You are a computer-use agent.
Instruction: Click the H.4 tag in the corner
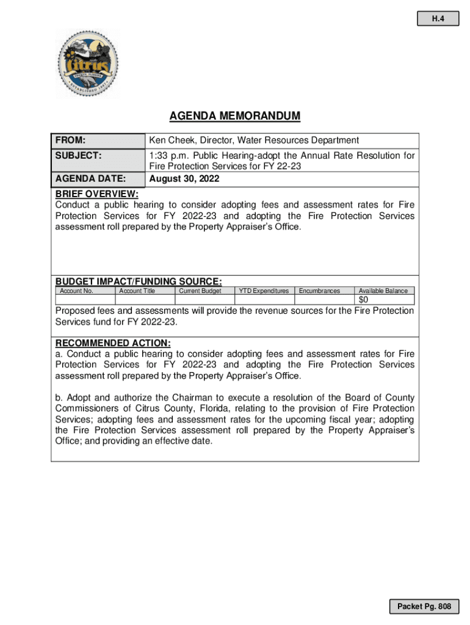pyautogui.click(x=437, y=19)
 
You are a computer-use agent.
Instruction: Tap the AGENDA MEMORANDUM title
pyautogui.click(x=235, y=116)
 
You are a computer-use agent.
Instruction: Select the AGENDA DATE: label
pyautogui.click(x=90, y=179)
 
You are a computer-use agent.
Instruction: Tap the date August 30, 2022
pyautogui.click(x=184, y=179)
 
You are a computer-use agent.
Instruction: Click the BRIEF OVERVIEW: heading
pyautogui.click(x=97, y=194)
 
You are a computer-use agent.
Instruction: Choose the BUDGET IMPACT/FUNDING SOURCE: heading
pyautogui.click(x=139, y=281)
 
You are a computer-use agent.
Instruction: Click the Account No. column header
pyautogui.click(x=76, y=291)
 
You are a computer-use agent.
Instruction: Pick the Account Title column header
pyautogui.click(x=137, y=291)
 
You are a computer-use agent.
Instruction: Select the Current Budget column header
pyautogui.click(x=200, y=291)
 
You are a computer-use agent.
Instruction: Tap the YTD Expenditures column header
pyautogui.click(x=264, y=291)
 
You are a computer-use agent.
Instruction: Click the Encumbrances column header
pyautogui.click(x=319, y=291)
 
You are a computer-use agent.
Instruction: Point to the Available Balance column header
pyautogui.click(x=383, y=291)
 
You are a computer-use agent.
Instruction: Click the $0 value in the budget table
pyautogui.click(x=363, y=300)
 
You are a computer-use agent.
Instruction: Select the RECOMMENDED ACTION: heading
pyautogui.click(x=113, y=343)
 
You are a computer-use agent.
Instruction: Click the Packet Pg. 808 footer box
pyautogui.click(x=424, y=606)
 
